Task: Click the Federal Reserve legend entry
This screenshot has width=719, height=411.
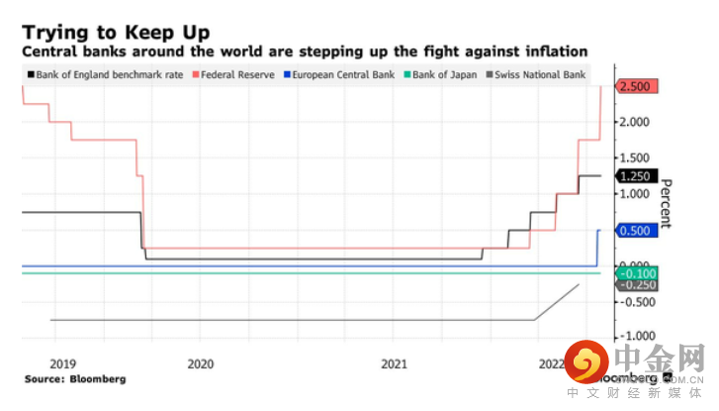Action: [238, 74]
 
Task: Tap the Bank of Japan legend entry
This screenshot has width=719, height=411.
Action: [444, 74]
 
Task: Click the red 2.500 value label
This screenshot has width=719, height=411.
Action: [635, 87]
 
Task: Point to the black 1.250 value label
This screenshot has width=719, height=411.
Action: [635, 176]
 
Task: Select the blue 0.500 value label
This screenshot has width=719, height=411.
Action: [635, 231]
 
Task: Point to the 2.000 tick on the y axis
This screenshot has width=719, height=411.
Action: [634, 122]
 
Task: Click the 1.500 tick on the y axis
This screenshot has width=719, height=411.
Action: [634, 158]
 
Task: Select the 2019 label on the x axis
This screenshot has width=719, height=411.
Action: [62, 363]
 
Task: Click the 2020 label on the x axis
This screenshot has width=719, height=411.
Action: [200, 363]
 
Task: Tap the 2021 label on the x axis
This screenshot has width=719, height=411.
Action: [394, 363]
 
